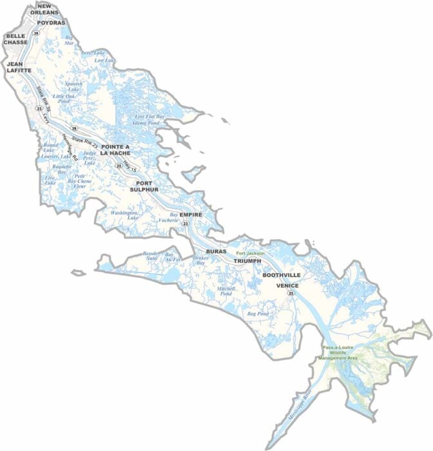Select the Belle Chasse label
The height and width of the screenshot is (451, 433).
click(15, 39)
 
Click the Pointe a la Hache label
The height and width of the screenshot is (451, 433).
click(115, 150)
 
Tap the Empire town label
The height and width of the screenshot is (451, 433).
click(191, 214)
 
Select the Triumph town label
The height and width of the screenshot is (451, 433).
click(247, 261)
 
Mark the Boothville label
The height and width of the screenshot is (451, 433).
click(281, 275)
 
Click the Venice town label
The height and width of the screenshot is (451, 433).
click(287, 285)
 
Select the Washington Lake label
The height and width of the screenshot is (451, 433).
click(124, 215)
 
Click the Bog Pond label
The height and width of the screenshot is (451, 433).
click(258, 314)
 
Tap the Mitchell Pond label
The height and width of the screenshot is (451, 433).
click(227, 291)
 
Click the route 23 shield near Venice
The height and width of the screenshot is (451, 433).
click(291, 293)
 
